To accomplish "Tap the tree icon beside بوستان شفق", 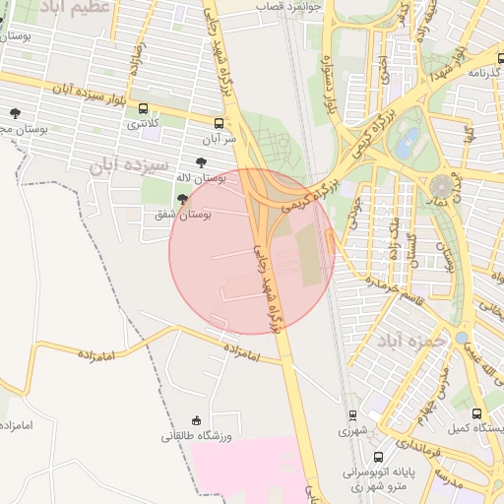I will click(181, 199).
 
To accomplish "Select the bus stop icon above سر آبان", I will click(219, 124).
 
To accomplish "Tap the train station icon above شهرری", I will click(352, 416).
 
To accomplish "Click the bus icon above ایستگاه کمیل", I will click(477, 414).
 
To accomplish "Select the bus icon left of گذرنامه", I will click(459, 73).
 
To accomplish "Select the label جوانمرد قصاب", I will click(290, 5).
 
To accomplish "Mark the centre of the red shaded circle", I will click(252, 252).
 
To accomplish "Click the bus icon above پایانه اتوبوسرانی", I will click(353, 456).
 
